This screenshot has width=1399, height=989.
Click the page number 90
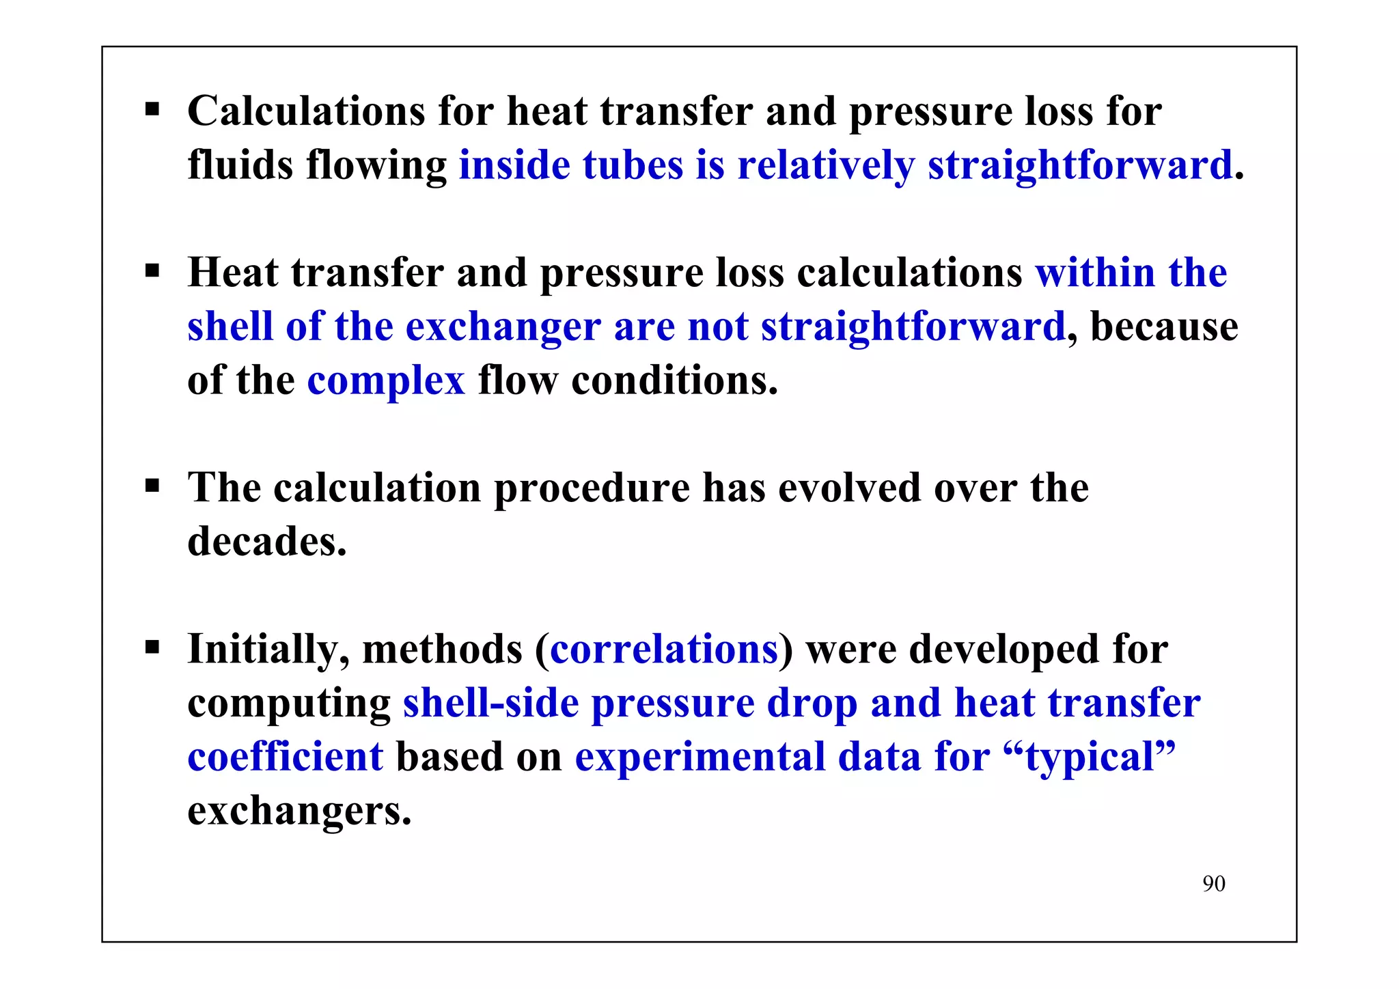pyautogui.click(x=1214, y=883)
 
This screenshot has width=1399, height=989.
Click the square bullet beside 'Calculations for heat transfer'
pyautogui.click(x=152, y=109)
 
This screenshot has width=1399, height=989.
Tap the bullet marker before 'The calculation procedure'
pyautogui.click(x=152, y=486)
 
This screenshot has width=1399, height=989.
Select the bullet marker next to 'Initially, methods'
pyautogui.click(x=152, y=647)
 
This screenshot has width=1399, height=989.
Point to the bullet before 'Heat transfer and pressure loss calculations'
pyautogui.click(x=152, y=271)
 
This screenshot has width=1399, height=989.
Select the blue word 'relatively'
pyautogui.click(x=826, y=166)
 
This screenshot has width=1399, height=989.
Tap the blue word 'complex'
pyautogui.click(x=386, y=380)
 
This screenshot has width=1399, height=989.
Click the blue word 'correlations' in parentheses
pyautogui.click(x=664, y=649)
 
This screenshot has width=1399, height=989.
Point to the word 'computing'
pyautogui.click(x=289, y=704)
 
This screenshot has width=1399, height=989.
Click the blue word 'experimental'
pyautogui.click(x=700, y=758)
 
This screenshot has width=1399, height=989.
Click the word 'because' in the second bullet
pyautogui.click(x=1164, y=326)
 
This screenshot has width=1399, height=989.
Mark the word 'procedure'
pyautogui.click(x=592, y=489)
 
